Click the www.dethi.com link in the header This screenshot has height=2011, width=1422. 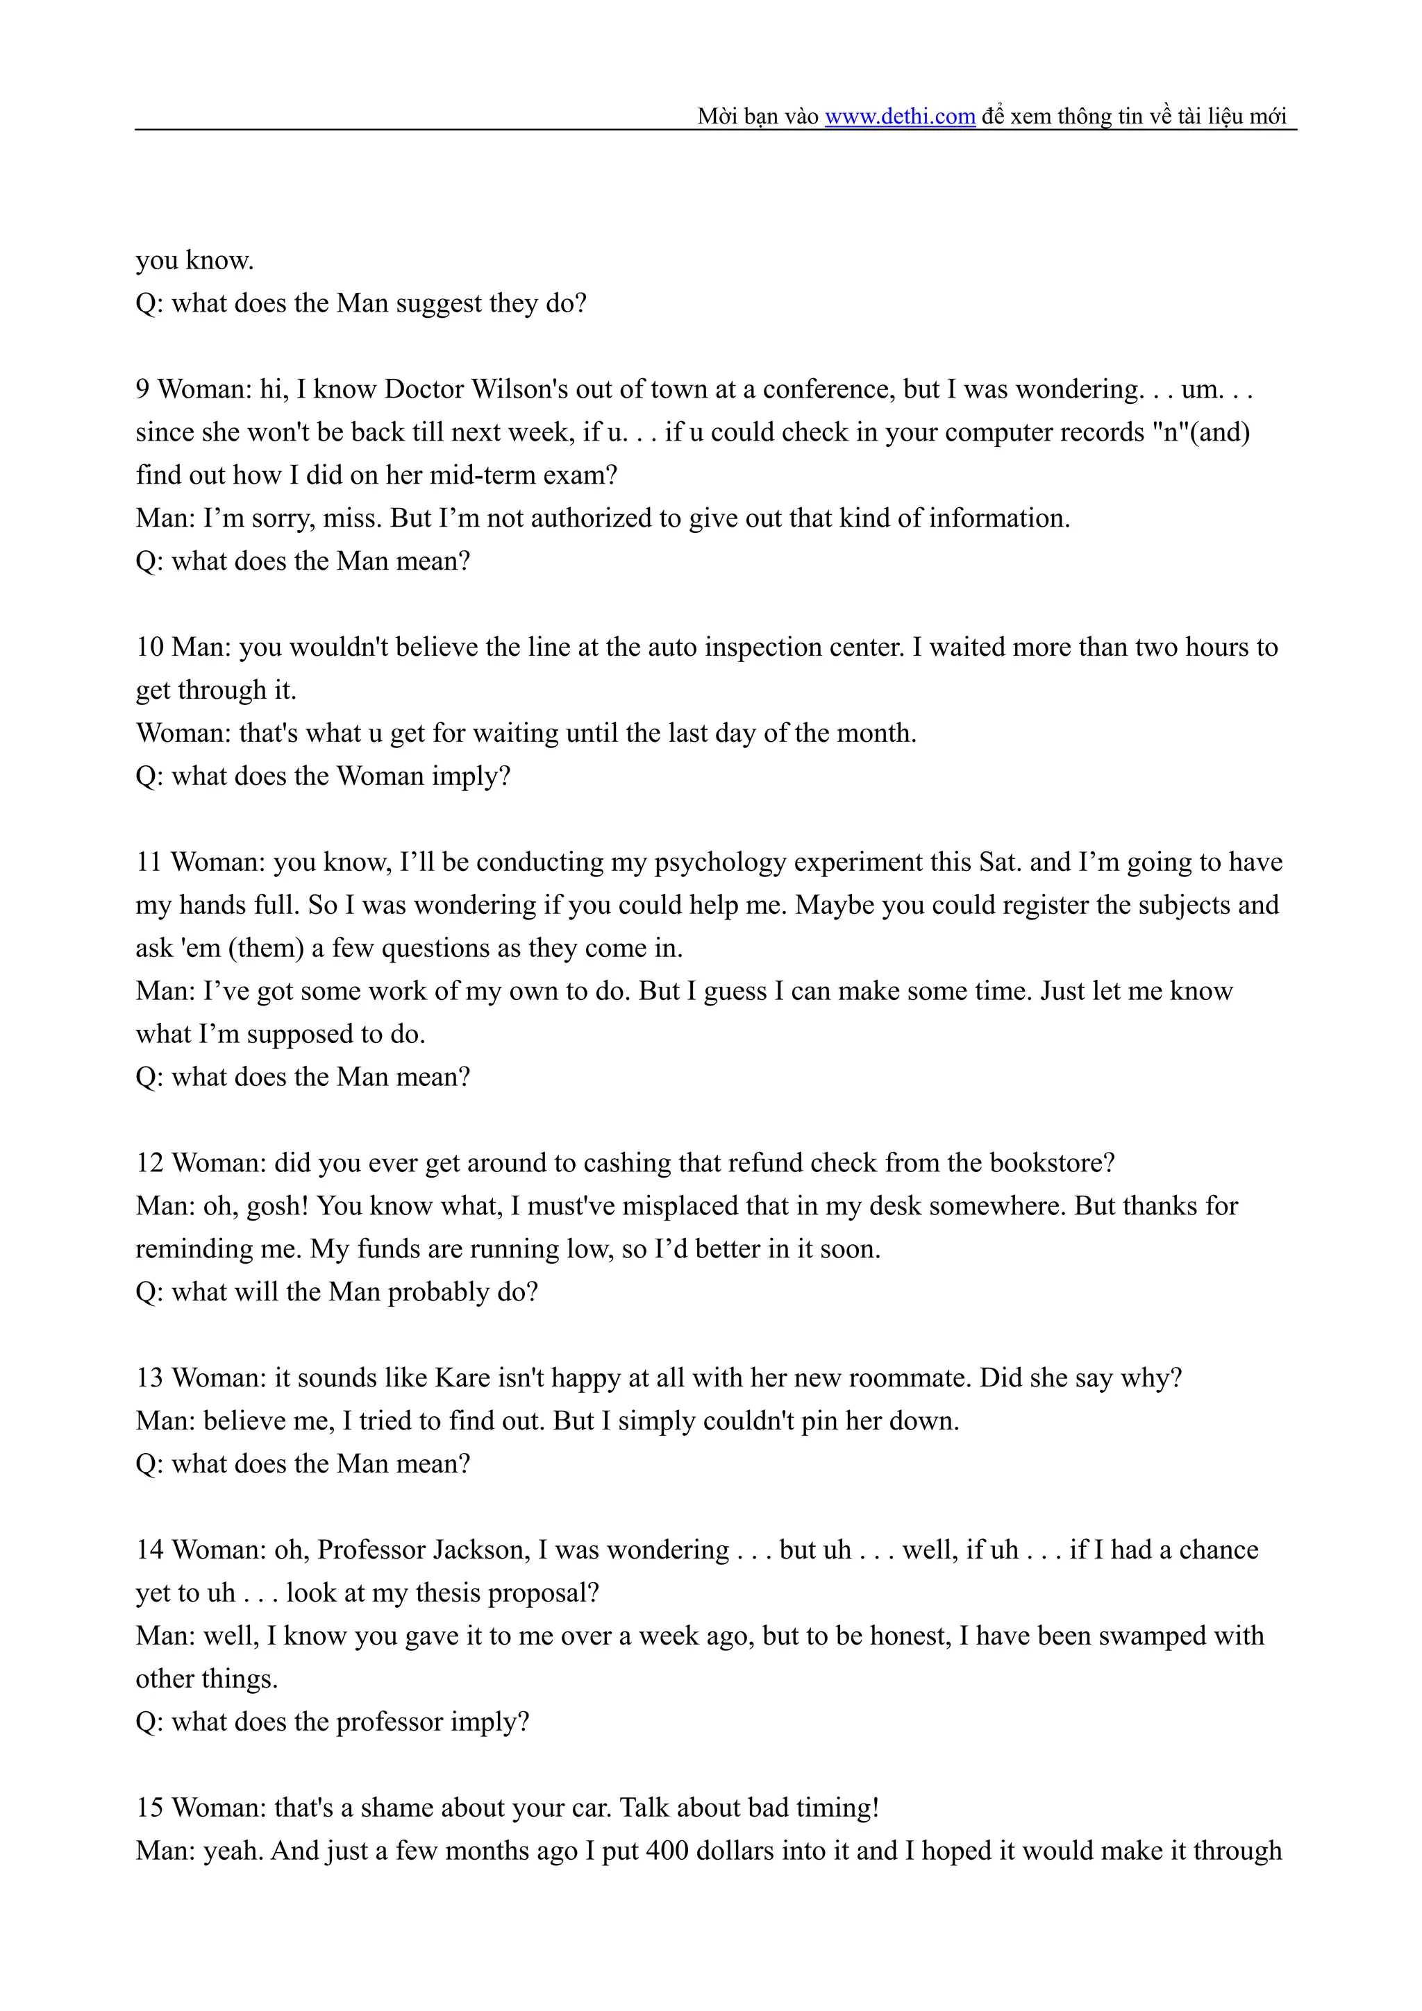point(900,117)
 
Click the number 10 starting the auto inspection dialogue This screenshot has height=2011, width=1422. point(150,647)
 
